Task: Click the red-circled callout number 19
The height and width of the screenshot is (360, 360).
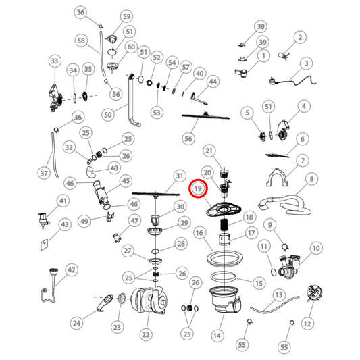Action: (198, 188)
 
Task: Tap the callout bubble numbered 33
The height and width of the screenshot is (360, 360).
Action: (55, 61)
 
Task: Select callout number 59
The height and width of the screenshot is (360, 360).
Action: (127, 16)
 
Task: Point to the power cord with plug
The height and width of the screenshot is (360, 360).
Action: (292, 80)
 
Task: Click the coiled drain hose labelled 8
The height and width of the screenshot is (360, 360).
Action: (286, 205)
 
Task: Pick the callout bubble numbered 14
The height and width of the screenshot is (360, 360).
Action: (217, 336)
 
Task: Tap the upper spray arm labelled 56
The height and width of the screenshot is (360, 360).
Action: (205, 117)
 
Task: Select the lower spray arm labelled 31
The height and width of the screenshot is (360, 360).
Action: (156, 195)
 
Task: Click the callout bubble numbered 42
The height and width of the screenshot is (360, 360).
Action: (72, 269)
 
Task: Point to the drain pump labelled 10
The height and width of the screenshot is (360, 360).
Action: (289, 265)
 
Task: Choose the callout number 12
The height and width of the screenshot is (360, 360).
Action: (307, 324)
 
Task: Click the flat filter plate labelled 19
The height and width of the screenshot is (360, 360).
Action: (224, 209)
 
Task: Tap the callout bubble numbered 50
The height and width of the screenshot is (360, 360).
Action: (108, 115)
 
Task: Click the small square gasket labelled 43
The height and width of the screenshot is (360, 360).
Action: (45, 245)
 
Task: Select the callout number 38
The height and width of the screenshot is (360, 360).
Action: (261, 26)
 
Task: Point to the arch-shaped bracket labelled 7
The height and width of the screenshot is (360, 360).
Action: (277, 177)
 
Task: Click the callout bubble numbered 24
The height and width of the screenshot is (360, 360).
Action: (76, 324)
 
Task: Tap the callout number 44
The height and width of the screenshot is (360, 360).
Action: (213, 82)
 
